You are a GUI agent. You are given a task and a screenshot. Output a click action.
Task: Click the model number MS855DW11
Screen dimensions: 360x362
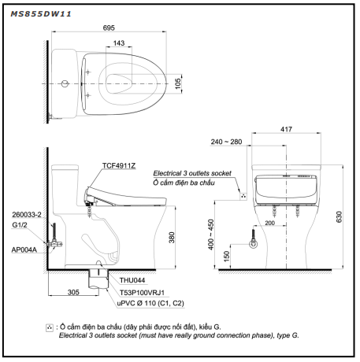(x=41, y=14)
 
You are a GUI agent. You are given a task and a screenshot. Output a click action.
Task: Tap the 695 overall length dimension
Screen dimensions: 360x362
(x=109, y=28)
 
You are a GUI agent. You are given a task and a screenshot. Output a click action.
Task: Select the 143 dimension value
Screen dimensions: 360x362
(x=119, y=43)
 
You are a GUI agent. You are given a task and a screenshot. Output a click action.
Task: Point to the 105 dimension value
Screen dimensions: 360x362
(x=178, y=83)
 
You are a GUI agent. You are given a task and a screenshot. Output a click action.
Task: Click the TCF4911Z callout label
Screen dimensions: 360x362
(x=119, y=166)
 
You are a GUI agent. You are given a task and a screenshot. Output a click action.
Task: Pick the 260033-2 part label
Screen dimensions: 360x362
(x=27, y=215)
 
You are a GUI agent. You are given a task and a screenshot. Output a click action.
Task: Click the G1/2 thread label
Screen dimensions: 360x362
(x=20, y=225)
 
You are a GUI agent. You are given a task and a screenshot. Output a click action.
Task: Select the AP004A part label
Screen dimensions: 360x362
(x=24, y=249)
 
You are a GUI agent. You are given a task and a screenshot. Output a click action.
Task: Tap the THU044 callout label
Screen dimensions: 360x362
(x=132, y=280)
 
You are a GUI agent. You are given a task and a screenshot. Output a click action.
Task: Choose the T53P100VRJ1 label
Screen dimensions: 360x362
(x=142, y=293)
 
